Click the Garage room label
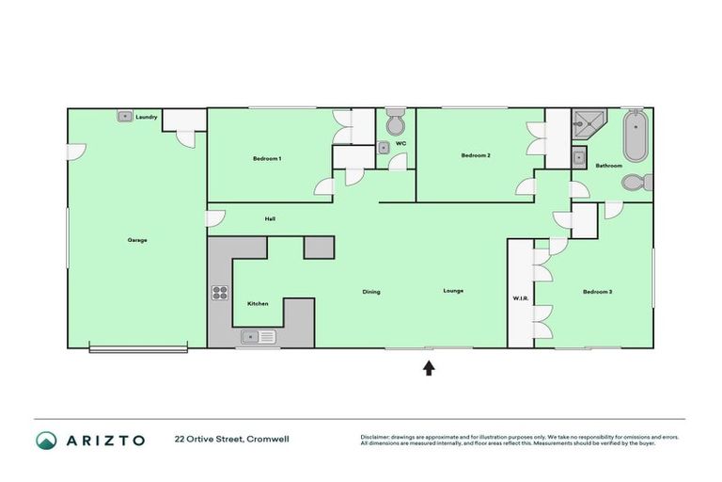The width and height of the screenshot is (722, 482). [x=137, y=240]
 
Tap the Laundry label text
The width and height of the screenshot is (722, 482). [x=146, y=117]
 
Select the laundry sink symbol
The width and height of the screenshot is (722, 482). [x=124, y=116]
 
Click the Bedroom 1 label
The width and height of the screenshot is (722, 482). [x=267, y=158]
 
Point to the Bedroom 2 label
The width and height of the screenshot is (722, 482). [x=475, y=155]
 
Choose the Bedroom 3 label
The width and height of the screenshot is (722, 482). [x=597, y=292]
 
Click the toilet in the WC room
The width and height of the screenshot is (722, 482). [x=396, y=124]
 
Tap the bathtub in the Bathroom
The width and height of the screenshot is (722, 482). [x=636, y=137]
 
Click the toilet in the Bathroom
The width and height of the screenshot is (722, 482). [x=635, y=183]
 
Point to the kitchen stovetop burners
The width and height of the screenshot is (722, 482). [x=220, y=292]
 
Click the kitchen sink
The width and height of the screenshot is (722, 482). [x=257, y=336]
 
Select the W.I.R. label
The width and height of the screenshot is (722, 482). [x=521, y=299]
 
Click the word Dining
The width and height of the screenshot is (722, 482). [x=371, y=292]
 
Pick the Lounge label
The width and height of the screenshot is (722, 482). [x=453, y=291]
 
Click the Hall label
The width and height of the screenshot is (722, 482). [x=270, y=218]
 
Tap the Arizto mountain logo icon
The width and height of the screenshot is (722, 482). [x=46, y=440]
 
